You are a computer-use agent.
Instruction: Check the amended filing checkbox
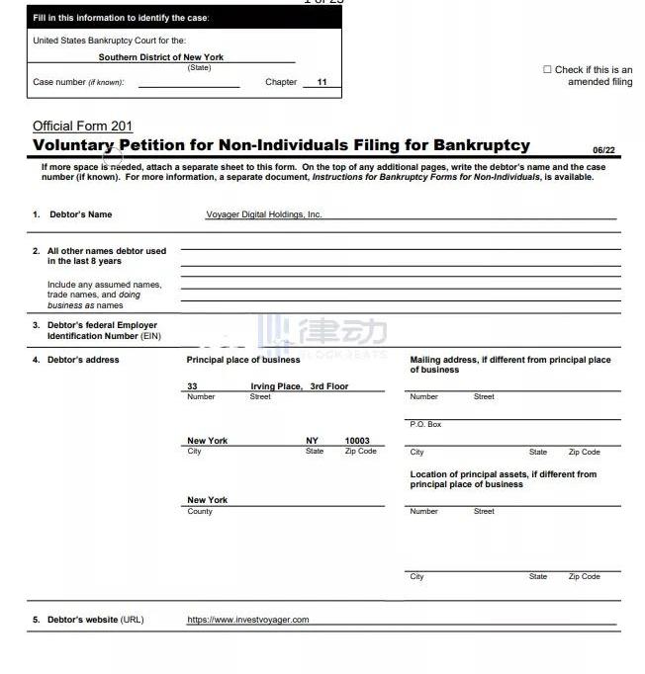547,70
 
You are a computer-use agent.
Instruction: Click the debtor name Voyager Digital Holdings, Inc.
263,214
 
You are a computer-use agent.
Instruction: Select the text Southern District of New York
160,57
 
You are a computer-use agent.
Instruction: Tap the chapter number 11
322,82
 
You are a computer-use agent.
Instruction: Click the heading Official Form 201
82,126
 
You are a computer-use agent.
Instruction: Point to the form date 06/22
603,150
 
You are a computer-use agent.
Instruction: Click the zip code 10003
357,441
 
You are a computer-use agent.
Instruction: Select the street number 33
192,386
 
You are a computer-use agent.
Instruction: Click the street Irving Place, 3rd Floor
299,386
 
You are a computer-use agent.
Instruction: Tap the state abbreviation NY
312,441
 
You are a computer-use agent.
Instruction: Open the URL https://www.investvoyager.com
247,620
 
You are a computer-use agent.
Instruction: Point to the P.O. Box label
425,424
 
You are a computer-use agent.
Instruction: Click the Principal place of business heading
242,360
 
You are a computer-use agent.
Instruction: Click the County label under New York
200,511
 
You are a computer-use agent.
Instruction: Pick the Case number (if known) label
78,82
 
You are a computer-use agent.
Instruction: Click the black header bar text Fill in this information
121,18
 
